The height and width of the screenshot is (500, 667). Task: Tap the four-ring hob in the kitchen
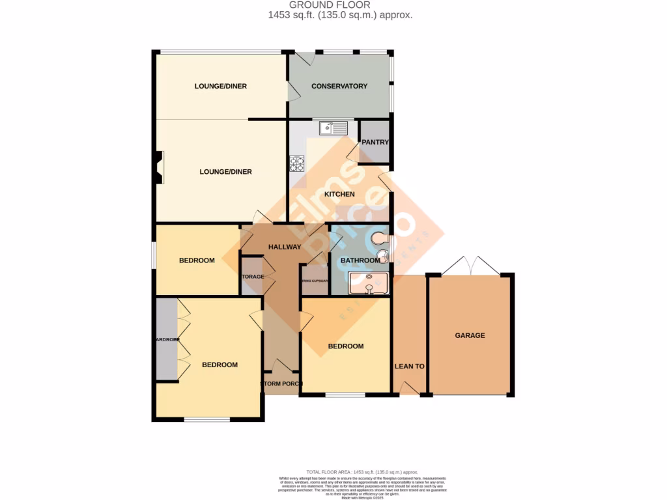[x=297, y=163]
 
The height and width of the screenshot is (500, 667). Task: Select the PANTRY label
[x=375, y=142]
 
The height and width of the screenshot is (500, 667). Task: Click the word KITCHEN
[x=339, y=194]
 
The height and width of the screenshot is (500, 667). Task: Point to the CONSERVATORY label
[x=339, y=86]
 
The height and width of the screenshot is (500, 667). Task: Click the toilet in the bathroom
[x=382, y=238]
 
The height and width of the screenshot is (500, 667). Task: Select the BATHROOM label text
[x=360, y=260]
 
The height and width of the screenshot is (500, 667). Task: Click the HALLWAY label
[x=285, y=247]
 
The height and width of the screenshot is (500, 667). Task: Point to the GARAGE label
[x=470, y=335]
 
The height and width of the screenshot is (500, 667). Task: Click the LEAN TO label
[x=409, y=366]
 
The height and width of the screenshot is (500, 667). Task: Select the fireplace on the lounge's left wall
[x=159, y=167]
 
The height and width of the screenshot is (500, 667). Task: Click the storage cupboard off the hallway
[x=252, y=277]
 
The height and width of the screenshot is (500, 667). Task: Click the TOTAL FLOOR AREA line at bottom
[x=362, y=471]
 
